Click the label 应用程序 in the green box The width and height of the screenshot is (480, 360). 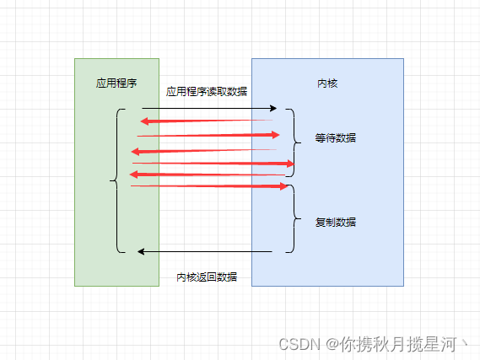point(116,83)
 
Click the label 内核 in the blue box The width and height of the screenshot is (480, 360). point(327,83)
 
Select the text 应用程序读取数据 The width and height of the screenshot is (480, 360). point(207,91)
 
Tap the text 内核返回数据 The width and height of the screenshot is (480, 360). point(207,277)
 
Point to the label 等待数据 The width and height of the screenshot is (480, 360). point(336,138)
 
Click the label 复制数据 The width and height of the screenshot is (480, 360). point(336,222)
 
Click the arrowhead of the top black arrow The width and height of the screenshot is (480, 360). point(273,108)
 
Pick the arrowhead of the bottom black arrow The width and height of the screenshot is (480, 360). point(141,252)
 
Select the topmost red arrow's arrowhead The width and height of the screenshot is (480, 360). point(144,121)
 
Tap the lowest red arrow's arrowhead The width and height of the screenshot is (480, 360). point(284,186)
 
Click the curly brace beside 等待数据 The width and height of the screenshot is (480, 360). point(294,142)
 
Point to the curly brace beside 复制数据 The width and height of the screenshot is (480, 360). point(294,218)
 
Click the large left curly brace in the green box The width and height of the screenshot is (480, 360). point(116,180)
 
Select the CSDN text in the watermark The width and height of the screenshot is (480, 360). point(299,344)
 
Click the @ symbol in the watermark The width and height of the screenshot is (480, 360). point(332,344)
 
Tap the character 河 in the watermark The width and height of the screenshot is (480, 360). point(449,344)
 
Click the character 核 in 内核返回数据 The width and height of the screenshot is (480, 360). point(191,277)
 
